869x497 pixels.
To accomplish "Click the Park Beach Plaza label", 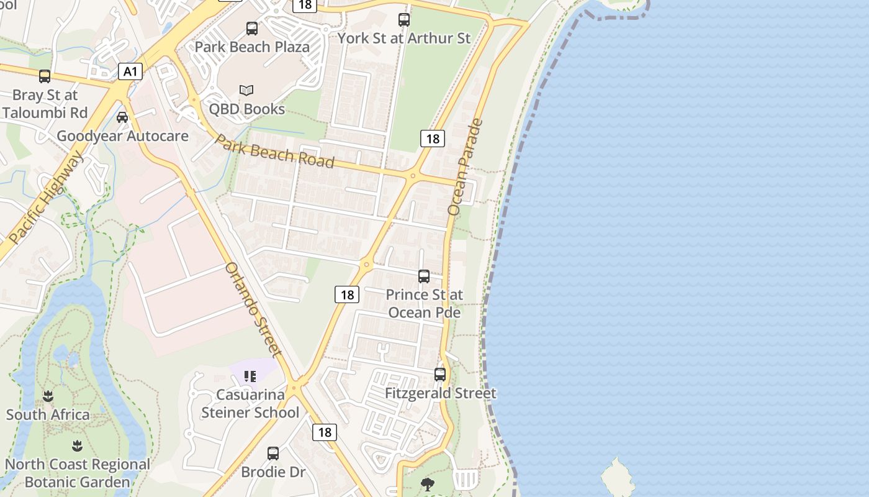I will [x=252, y=47].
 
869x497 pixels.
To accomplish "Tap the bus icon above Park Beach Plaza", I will [x=252, y=28].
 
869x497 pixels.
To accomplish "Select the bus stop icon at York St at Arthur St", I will [x=404, y=20].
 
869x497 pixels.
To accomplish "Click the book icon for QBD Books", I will [x=246, y=91].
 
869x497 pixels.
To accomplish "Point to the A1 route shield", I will [x=130, y=71].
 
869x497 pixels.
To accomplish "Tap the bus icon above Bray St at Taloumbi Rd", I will [x=45, y=76].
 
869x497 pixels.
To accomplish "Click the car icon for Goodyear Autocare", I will [x=122, y=117].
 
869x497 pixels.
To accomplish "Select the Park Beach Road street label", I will [x=274, y=150].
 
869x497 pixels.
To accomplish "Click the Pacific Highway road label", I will [x=47, y=197].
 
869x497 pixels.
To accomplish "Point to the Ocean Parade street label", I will [x=465, y=166].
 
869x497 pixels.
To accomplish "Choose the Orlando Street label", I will [x=253, y=310].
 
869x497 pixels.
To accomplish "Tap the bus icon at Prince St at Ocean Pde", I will [x=424, y=276].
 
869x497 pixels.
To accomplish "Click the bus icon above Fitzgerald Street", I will [x=440, y=374].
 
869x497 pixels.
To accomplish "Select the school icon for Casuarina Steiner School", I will [x=250, y=376].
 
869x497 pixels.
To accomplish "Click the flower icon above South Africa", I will [x=48, y=396].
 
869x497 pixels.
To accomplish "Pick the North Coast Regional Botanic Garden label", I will [x=78, y=473].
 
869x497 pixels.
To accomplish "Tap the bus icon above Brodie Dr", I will [x=273, y=453].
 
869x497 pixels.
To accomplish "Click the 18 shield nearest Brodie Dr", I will [x=324, y=432].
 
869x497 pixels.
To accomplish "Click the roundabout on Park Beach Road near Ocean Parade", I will [x=413, y=176].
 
